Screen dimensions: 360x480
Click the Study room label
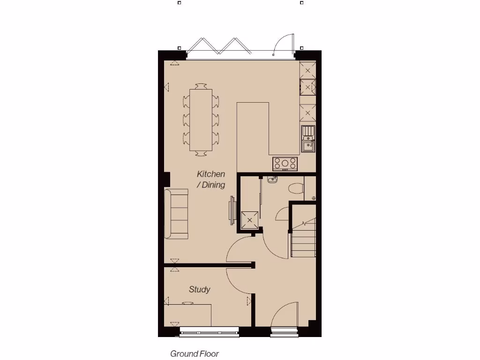click(199, 290)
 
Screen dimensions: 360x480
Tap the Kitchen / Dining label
click(211, 180)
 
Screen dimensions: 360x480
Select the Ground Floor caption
click(195, 354)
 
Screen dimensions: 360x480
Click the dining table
click(201, 120)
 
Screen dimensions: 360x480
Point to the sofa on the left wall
click(177, 214)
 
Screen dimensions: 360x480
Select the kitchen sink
click(308, 139)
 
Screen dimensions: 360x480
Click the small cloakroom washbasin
click(272, 179)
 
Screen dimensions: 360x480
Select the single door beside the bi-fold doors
click(284, 45)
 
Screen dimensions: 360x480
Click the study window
click(209, 334)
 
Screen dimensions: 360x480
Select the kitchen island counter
click(253, 136)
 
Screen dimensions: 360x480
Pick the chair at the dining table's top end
click(201, 86)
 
